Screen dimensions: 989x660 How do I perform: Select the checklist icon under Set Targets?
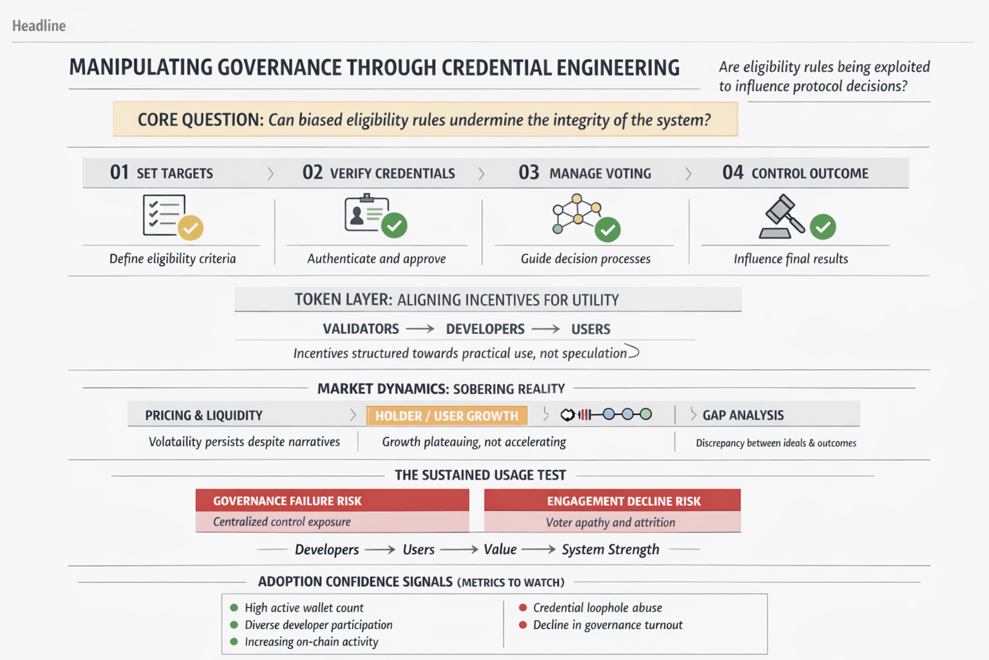164,215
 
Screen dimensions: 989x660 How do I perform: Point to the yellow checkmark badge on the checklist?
191,228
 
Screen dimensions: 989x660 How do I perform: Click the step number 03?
529,173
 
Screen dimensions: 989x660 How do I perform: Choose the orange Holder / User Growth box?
447,416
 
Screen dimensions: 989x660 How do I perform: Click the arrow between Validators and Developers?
420,329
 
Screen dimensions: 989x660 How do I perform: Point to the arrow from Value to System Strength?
538,549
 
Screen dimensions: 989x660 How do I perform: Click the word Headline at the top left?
39,26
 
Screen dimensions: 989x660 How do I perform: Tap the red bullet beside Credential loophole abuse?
523,607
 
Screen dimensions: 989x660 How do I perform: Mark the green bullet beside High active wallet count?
234,607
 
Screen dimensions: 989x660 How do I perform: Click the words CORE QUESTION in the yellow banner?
200,120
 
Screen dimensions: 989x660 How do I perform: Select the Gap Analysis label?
743,416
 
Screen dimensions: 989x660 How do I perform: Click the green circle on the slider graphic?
646,414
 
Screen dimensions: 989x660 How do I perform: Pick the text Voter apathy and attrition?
610,523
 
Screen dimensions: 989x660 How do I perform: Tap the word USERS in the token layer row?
590,329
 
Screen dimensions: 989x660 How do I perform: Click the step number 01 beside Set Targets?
119,173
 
